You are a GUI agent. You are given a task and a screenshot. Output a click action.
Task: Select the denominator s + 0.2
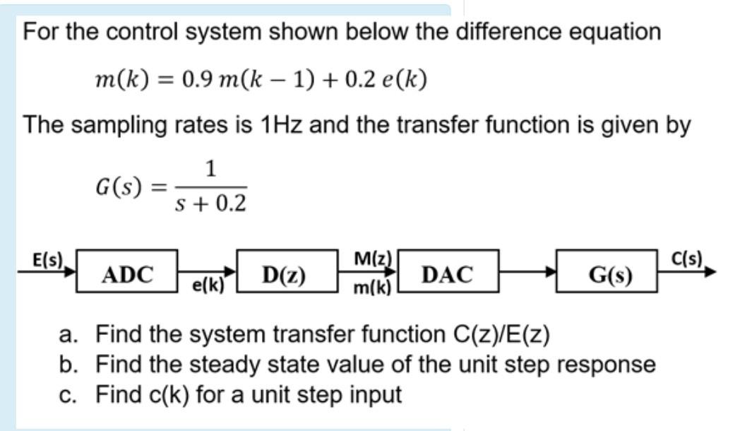tap(210, 204)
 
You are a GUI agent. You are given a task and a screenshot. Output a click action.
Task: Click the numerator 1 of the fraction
tap(210, 169)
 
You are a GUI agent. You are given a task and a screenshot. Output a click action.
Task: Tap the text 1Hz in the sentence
tap(284, 125)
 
